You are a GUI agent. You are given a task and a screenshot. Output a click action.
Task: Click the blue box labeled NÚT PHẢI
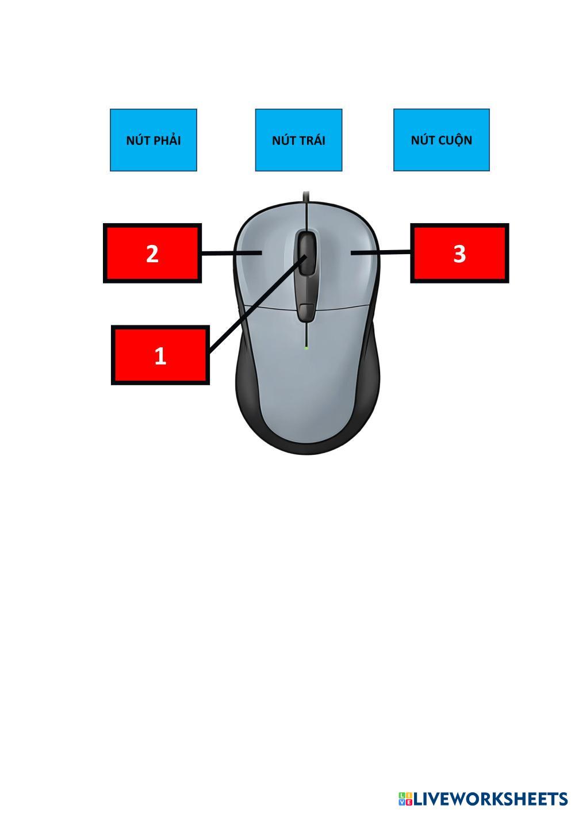point(154,140)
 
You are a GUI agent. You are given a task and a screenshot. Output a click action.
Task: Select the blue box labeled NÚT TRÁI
point(298,140)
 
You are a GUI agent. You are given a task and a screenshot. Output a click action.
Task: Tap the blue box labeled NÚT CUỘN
point(441,140)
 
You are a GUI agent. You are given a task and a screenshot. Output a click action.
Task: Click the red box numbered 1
point(160,355)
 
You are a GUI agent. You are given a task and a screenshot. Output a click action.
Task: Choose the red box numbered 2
point(152,254)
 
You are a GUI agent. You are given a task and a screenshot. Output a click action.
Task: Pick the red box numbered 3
point(459,254)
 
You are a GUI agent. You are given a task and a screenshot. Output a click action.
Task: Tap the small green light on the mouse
point(306,347)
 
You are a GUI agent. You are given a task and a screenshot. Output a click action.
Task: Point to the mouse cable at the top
point(306,197)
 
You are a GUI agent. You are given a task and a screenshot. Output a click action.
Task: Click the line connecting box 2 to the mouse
point(230,253)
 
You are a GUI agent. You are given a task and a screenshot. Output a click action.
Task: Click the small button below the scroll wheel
point(306,311)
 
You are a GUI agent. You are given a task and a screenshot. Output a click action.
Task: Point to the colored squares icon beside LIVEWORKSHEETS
point(405,799)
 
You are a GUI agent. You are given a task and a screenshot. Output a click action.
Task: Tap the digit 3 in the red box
point(459,254)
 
